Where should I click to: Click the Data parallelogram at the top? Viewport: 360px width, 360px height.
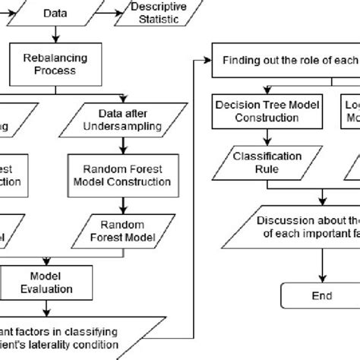55,13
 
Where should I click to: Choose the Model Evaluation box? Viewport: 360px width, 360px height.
49,282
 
